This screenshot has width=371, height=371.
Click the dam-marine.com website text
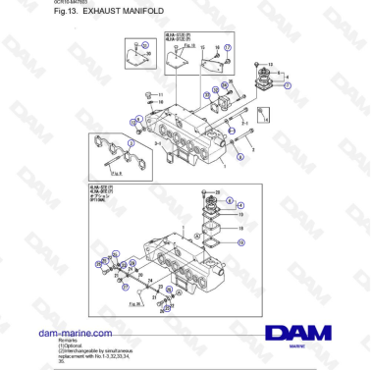click(70, 335)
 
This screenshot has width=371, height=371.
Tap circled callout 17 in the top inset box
click(228, 47)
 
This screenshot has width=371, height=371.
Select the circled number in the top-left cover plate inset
click(146, 45)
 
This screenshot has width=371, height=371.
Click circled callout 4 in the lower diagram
click(241, 204)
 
